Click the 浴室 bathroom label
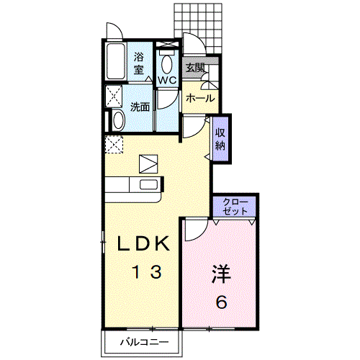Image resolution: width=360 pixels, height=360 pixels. click(x=138, y=63)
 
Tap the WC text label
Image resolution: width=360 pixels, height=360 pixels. click(x=167, y=80)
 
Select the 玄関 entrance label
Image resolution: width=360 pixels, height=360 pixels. click(x=195, y=68)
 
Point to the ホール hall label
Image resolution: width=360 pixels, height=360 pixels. click(x=200, y=98)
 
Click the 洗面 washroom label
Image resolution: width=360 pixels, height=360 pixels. click(x=140, y=107)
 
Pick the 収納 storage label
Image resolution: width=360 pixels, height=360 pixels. click(x=220, y=139)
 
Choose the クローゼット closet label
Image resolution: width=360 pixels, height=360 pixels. click(x=235, y=207)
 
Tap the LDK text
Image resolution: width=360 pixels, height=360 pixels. click(x=143, y=243)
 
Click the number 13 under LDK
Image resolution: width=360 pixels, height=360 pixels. click(x=147, y=271)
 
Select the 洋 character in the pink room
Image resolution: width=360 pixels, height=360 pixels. click(x=221, y=274)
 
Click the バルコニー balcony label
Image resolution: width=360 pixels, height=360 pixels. click(x=144, y=342)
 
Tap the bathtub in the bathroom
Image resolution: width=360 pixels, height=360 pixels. click(x=116, y=61)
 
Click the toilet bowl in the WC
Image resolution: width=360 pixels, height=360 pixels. click(x=166, y=64)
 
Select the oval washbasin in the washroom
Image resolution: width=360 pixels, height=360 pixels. click(x=119, y=120)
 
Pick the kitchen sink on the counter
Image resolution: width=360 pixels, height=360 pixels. click(x=149, y=184)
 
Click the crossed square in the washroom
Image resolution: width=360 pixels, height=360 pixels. click(x=114, y=96)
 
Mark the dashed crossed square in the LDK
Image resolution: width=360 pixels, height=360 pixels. click(x=114, y=145)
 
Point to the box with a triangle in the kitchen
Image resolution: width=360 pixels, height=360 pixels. click(x=148, y=164)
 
